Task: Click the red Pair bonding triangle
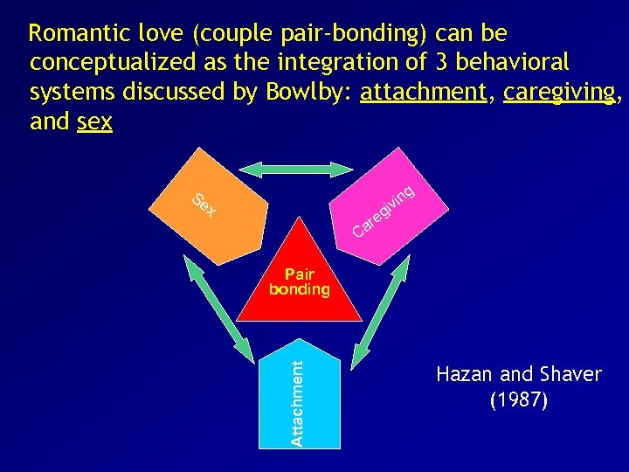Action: [300, 280]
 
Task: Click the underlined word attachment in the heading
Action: [423, 92]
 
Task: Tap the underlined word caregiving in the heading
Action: [558, 92]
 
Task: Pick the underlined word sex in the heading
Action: [94, 121]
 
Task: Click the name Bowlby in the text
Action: [306, 92]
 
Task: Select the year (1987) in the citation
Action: [519, 401]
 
